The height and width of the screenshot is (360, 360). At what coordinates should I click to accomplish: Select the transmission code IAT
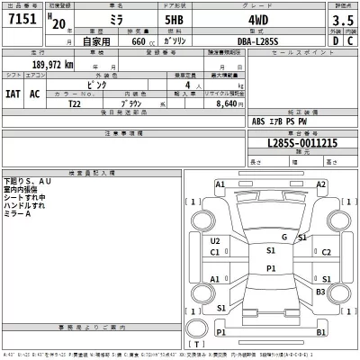(x=13, y=93)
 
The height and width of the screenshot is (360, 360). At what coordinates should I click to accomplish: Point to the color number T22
(x=74, y=103)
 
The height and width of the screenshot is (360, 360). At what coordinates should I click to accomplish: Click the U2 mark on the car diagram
(x=215, y=241)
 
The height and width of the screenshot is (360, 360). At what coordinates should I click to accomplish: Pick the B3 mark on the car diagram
(x=319, y=292)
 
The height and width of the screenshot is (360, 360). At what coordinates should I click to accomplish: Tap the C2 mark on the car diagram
(x=327, y=252)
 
